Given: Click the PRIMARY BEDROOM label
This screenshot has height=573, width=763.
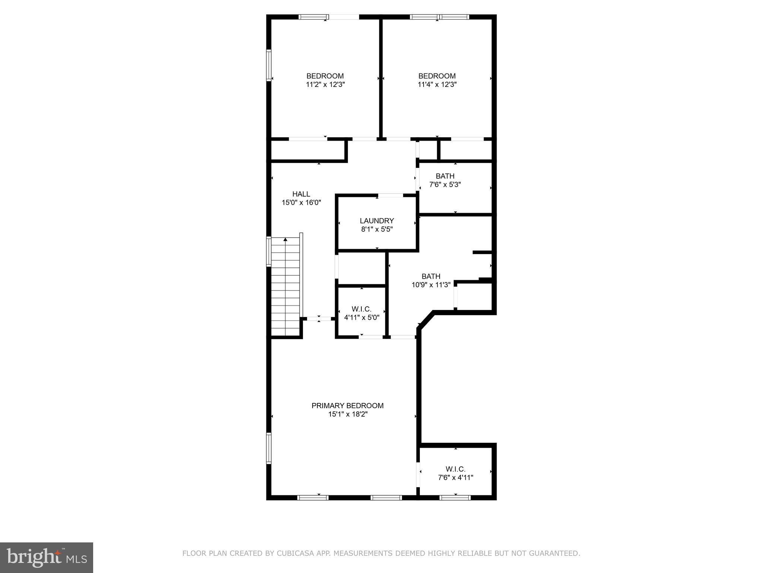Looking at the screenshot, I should click(347, 406).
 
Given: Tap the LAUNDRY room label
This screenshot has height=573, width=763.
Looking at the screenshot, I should click(377, 221).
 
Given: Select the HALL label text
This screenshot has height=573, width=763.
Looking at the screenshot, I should click(301, 194).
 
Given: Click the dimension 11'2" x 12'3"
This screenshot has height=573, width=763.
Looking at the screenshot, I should click(325, 85).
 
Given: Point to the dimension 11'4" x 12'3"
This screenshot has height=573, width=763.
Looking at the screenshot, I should click(437, 85).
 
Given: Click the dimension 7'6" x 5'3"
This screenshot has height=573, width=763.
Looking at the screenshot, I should click(445, 185).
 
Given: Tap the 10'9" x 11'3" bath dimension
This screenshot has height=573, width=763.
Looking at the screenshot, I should click(431, 285).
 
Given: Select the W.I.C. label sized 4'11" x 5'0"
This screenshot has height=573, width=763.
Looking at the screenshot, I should click(361, 309).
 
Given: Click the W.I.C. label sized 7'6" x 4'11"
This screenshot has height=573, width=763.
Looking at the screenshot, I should click(455, 469).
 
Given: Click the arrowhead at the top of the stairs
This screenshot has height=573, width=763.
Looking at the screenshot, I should click(285, 239).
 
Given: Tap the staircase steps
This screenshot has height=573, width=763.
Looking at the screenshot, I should click(285, 287).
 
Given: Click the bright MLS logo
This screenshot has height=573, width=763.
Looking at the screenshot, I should click(47, 558).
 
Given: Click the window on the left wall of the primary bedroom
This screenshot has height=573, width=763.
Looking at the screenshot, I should click(268, 448).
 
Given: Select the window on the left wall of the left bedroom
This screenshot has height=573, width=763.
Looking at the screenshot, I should click(268, 65).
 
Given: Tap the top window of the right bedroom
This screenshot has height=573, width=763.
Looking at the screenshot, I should click(439, 17).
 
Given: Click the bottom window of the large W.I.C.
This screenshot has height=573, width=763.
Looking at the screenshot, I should click(455, 497).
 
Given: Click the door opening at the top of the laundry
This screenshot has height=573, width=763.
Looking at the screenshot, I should click(390, 195).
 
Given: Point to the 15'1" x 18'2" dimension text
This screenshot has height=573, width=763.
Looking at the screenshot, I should click(348, 414).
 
